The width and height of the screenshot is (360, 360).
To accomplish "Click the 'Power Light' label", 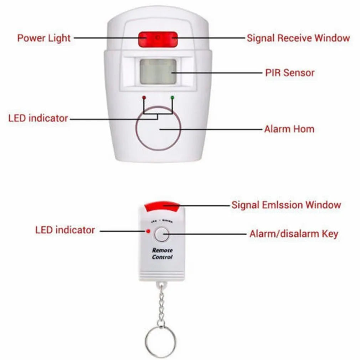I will click(x=44, y=38).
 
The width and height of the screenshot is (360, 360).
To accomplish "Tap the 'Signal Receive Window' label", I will click(x=298, y=38).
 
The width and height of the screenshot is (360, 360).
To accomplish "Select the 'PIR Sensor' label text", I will click(x=289, y=73).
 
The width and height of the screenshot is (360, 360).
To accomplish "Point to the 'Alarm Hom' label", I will click(x=289, y=129).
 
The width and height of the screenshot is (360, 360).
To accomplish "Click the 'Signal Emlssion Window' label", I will click(x=286, y=205).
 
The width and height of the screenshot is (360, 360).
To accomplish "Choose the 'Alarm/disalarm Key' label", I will click(x=293, y=234).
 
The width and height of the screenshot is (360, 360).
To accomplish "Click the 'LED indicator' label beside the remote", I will click(x=65, y=230).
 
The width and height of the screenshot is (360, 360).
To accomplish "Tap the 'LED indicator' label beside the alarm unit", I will click(x=38, y=118).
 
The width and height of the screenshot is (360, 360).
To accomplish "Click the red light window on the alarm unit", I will click(x=158, y=39).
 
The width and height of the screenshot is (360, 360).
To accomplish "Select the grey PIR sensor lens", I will click(x=158, y=72).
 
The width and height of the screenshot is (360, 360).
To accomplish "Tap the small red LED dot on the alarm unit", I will click(x=144, y=97).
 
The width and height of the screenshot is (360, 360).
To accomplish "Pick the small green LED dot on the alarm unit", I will click(x=172, y=97).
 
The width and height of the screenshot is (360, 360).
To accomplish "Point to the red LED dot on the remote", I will click(x=147, y=231).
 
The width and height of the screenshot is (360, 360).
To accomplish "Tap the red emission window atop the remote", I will click(x=161, y=205).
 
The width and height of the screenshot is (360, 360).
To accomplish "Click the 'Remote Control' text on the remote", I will click(x=162, y=254).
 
